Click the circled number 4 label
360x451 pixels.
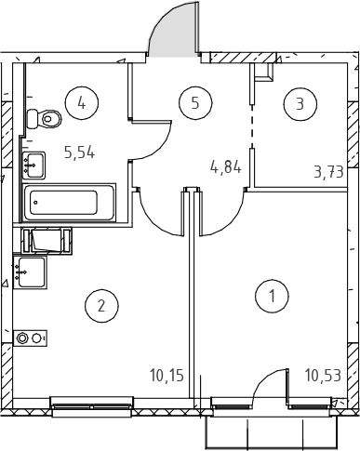(82, 102)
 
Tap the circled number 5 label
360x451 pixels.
(195, 102)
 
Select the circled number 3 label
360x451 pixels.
(300, 104)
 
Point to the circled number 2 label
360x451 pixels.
(101, 306)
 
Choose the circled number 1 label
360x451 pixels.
(272, 296)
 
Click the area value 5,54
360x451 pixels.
(79, 153)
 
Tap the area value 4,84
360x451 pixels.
(226, 167)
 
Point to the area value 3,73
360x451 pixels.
(329, 172)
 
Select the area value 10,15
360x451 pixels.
(167, 375)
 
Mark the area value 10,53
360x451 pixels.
(323, 376)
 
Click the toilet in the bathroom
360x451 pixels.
(45, 119)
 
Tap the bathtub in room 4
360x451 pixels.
(70, 203)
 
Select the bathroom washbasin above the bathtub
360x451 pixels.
(33, 166)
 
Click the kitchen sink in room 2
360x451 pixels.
(30, 272)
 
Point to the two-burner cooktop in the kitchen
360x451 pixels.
(30, 338)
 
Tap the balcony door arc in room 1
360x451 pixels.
(267, 378)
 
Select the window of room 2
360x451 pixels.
(92, 406)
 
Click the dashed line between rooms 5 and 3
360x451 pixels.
(252, 126)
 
